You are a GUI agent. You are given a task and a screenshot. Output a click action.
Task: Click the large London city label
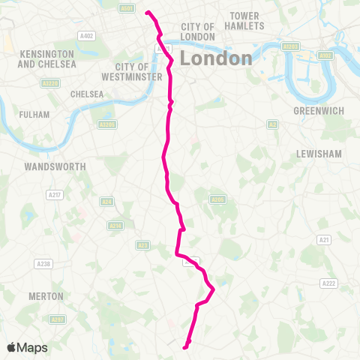[216, 58]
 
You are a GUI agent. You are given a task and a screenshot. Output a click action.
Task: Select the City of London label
[198, 31]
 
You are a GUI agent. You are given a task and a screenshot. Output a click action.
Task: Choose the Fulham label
[35, 115]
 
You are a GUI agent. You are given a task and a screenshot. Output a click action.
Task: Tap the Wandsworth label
[55, 166]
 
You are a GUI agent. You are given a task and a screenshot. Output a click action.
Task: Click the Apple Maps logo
[27, 347]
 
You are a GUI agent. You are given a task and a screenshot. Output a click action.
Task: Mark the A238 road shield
[43, 263]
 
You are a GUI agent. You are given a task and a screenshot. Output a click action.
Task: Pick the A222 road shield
[328, 283]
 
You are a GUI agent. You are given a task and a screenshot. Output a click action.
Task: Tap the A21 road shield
[324, 239]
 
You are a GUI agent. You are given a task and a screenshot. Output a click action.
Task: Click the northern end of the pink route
[146, 12]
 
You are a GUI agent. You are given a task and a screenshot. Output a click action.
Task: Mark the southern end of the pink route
[185, 346]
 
